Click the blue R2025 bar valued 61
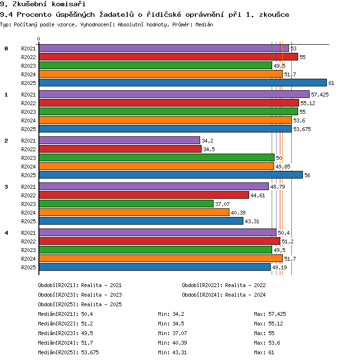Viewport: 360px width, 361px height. click(183, 83)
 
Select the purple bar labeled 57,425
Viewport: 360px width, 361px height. click(174, 94)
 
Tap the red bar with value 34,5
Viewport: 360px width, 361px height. click(120, 149)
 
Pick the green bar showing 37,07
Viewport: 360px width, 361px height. click(126, 204)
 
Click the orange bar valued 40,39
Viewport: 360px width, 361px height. click(134, 212)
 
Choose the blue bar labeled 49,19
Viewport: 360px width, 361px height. click(155, 267)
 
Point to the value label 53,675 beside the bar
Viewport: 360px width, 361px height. click(302, 129)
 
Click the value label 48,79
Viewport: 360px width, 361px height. click(277, 187)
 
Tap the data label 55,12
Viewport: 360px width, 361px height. click(308, 103)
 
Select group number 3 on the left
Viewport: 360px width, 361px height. click(6, 187)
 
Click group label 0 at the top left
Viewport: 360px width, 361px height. click(6, 48)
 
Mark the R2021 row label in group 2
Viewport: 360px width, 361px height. click(28, 141)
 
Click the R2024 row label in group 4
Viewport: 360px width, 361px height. click(28, 259)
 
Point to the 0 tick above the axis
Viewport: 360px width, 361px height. click(39, 39)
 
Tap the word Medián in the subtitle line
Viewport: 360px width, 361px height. click(204, 24)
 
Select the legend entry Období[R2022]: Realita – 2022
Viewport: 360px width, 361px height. click(224, 285)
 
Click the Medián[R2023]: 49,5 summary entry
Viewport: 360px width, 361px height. click(66, 333)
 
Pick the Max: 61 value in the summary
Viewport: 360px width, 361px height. click(264, 352)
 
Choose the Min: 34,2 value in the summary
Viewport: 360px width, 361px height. click(171, 314)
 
